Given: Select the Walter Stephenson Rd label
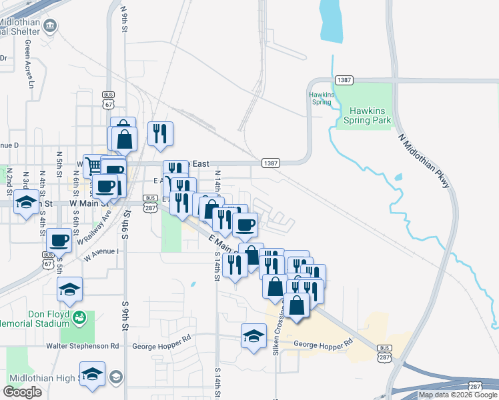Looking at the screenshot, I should pos(82,346).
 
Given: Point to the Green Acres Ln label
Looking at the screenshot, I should pos(29,64).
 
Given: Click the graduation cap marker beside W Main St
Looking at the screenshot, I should pos(25,202).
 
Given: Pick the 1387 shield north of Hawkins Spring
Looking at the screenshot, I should pos(344,79).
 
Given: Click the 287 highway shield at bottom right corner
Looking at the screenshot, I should pos(475,386).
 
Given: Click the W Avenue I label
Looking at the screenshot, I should pos(99,251).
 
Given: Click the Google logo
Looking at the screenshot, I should pos(22,392).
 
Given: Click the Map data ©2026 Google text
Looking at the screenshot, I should pos(458,395).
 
